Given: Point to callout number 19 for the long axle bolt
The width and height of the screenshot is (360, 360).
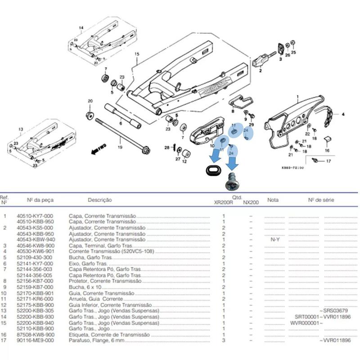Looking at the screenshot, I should pos(120,147).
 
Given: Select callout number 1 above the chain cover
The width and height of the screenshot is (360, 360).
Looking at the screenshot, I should pos(297,97).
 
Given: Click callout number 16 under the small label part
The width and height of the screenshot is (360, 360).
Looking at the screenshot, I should pos(327,151).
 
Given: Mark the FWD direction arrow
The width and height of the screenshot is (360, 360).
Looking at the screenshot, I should pos(99,149).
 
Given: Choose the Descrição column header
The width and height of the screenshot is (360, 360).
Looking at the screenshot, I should pos(99,200).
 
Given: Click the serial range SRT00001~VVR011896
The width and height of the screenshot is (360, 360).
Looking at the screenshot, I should pos(322,317).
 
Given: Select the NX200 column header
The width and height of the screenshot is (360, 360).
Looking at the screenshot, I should pos(251,203).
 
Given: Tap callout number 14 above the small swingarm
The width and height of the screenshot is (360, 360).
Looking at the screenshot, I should pos(81,28).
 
